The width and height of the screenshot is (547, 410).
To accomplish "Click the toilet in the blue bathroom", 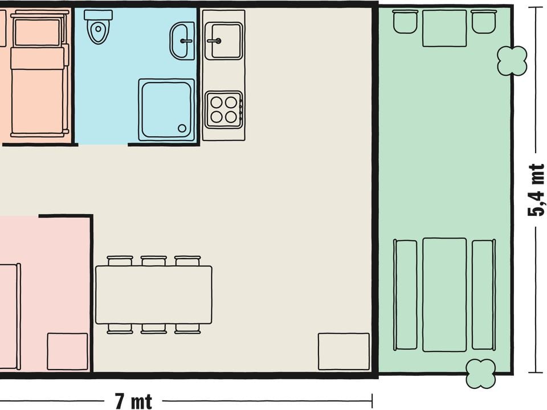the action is point(99,27).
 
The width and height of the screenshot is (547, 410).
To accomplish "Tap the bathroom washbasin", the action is point(182,41).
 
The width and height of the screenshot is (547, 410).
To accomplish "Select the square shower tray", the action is point(166,110).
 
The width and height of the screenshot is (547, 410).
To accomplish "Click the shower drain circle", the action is point(182,128).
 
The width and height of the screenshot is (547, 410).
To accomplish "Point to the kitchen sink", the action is point(223,41).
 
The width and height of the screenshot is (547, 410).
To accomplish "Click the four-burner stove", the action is point(223,110).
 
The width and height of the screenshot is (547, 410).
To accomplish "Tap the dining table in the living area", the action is point(154,294).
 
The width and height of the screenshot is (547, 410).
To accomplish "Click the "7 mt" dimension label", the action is point(133,401).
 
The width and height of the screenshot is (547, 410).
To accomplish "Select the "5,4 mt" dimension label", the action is point(536,190).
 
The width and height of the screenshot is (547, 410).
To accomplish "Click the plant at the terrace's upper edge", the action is point(512,61).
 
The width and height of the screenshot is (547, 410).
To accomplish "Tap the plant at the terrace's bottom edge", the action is point(481,374).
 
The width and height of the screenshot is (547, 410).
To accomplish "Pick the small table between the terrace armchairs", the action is point(444,28).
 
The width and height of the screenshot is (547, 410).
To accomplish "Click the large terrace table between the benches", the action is point(444,294).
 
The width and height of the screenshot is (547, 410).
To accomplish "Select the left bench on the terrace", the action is point(405,294).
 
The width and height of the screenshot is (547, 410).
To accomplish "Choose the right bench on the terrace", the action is point(484,294).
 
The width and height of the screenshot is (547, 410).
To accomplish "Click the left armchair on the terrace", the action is point(405,22).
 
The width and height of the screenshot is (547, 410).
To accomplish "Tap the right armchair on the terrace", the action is point(484,22).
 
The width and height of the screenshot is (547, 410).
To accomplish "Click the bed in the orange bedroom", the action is point(38,73).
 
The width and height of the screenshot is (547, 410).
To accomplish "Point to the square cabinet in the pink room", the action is point(67,351).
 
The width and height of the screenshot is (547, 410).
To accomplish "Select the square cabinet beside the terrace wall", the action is point(344,351).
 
